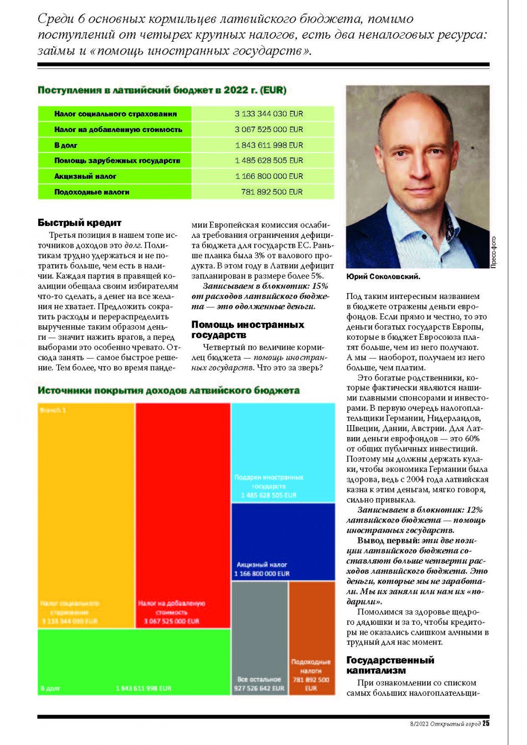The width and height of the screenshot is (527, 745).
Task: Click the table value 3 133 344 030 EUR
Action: tap(269, 114)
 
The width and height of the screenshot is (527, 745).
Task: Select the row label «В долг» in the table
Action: tap(66, 145)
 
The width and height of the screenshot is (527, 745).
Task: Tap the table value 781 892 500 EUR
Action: tap(272, 192)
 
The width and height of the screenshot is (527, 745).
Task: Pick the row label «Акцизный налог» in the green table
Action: tap(85, 176)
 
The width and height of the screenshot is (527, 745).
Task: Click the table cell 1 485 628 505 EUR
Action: tap(269, 160)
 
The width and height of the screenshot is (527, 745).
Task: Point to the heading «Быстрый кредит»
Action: tap(79, 223)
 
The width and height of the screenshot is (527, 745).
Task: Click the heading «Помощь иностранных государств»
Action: tap(247, 330)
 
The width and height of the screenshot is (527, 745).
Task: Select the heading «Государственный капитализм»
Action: tap(390, 665)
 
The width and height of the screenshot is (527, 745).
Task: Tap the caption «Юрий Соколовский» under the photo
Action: tap(383, 276)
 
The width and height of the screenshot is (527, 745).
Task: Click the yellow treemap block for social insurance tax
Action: tap(86, 512)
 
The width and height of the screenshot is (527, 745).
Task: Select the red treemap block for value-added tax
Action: tap(183, 512)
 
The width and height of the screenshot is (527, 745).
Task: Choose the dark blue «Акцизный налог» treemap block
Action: tap(283, 541)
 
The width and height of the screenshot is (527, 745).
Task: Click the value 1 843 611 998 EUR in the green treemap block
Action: tap(144, 688)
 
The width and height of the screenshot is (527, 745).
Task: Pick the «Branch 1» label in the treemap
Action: tap(53, 410)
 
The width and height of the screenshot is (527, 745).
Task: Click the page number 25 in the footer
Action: tap(486, 724)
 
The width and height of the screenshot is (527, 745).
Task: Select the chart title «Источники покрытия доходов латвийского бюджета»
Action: tap(168, 390)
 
